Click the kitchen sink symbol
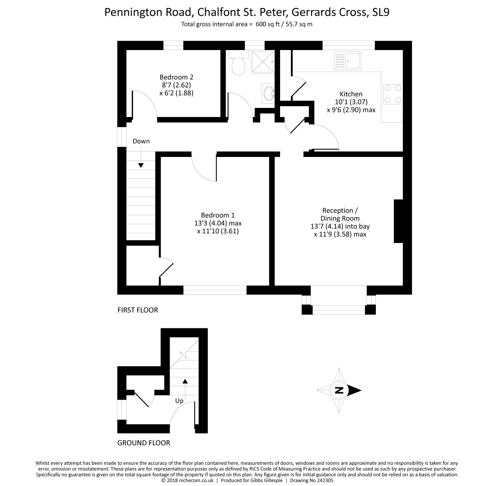(x=347, y=60)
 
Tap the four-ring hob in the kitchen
(x=392, y=94)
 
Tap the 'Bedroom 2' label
(x=176, y=77)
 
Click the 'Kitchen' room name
(x=351, y=94)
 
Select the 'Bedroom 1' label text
(x=218, y=215)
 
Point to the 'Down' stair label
(x=141, y=141)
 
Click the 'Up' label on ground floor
(x=179, y=401)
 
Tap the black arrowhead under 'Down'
(x=141, y=165)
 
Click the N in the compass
(x=339, y=390)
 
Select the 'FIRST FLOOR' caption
(x=138, y=310)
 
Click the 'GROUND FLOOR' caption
(x=144, y=443)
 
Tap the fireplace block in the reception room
(x=398, y=221)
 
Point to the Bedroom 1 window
(x=215, y=290)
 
